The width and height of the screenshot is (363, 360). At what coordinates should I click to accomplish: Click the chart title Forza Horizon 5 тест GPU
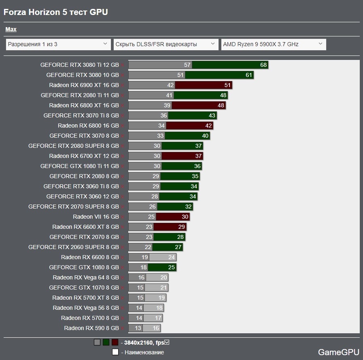click(55, 12)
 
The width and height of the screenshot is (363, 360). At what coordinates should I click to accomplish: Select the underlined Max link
click(11, 29)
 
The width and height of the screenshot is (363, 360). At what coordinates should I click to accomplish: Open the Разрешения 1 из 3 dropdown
click(58, 44)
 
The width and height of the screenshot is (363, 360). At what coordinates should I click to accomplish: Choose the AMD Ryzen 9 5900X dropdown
click(273, 44)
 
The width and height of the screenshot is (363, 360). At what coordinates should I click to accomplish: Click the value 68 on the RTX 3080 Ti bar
click(263, 65)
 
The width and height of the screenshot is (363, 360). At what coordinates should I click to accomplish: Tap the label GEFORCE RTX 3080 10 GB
click(83, 75)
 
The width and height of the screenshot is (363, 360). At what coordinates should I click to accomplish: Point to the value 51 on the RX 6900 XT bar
click(227, 85)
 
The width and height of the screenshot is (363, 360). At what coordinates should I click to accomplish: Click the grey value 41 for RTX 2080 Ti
click(169, 95)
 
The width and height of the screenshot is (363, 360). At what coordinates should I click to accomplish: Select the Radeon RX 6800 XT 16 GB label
click(84, 105)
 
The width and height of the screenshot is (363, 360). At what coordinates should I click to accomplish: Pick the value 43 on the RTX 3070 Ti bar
click(212, 115)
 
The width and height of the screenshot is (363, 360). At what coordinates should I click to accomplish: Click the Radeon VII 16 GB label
click(96, 217)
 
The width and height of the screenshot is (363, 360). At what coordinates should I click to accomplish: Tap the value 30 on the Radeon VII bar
click(185, 217)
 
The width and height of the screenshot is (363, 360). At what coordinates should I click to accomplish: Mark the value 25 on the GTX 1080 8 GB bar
click(172, 267)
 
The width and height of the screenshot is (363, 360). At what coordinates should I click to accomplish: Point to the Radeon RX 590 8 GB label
click(91, 328)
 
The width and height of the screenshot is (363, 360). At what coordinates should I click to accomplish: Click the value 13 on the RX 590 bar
click(138, 328)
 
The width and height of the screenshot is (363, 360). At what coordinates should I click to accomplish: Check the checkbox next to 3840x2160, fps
click(167, 342)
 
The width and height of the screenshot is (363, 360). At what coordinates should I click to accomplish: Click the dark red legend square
click(115, 342)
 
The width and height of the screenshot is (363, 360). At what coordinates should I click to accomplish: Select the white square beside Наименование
click(115, 352)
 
